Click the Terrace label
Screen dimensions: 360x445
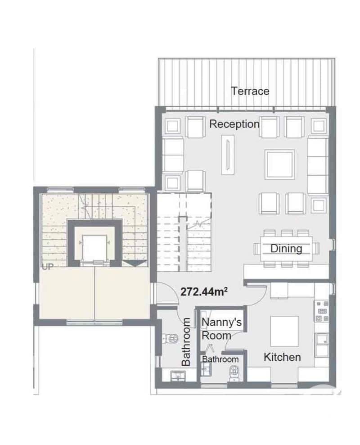pyautogui.click(x=250, y=91)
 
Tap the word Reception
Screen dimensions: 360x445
pyautogui.click(x=234, y=124)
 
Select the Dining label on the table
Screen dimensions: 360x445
pyautogui.click(x=286, y=249)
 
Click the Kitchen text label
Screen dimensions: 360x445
pyautogui.click(x=282, y=357)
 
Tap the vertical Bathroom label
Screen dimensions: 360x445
pyautogui.click(x=186, y=342)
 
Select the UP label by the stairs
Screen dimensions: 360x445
pyautogui.click(x=47, y=267)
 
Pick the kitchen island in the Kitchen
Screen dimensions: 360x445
pyautogui.click(x=284, y=331)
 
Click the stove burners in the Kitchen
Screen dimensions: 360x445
pyautogui.click(x=322, y=311)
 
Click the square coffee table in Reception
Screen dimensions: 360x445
pyautogui.click(x=280, y=164)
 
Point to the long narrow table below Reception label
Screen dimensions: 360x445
pyautogui.click(x=228, y=154)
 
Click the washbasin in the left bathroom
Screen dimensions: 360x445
pyautogui.click(x=178, y=376)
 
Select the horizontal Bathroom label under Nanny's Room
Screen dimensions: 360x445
pyautogui.click(x=220, y=359)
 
